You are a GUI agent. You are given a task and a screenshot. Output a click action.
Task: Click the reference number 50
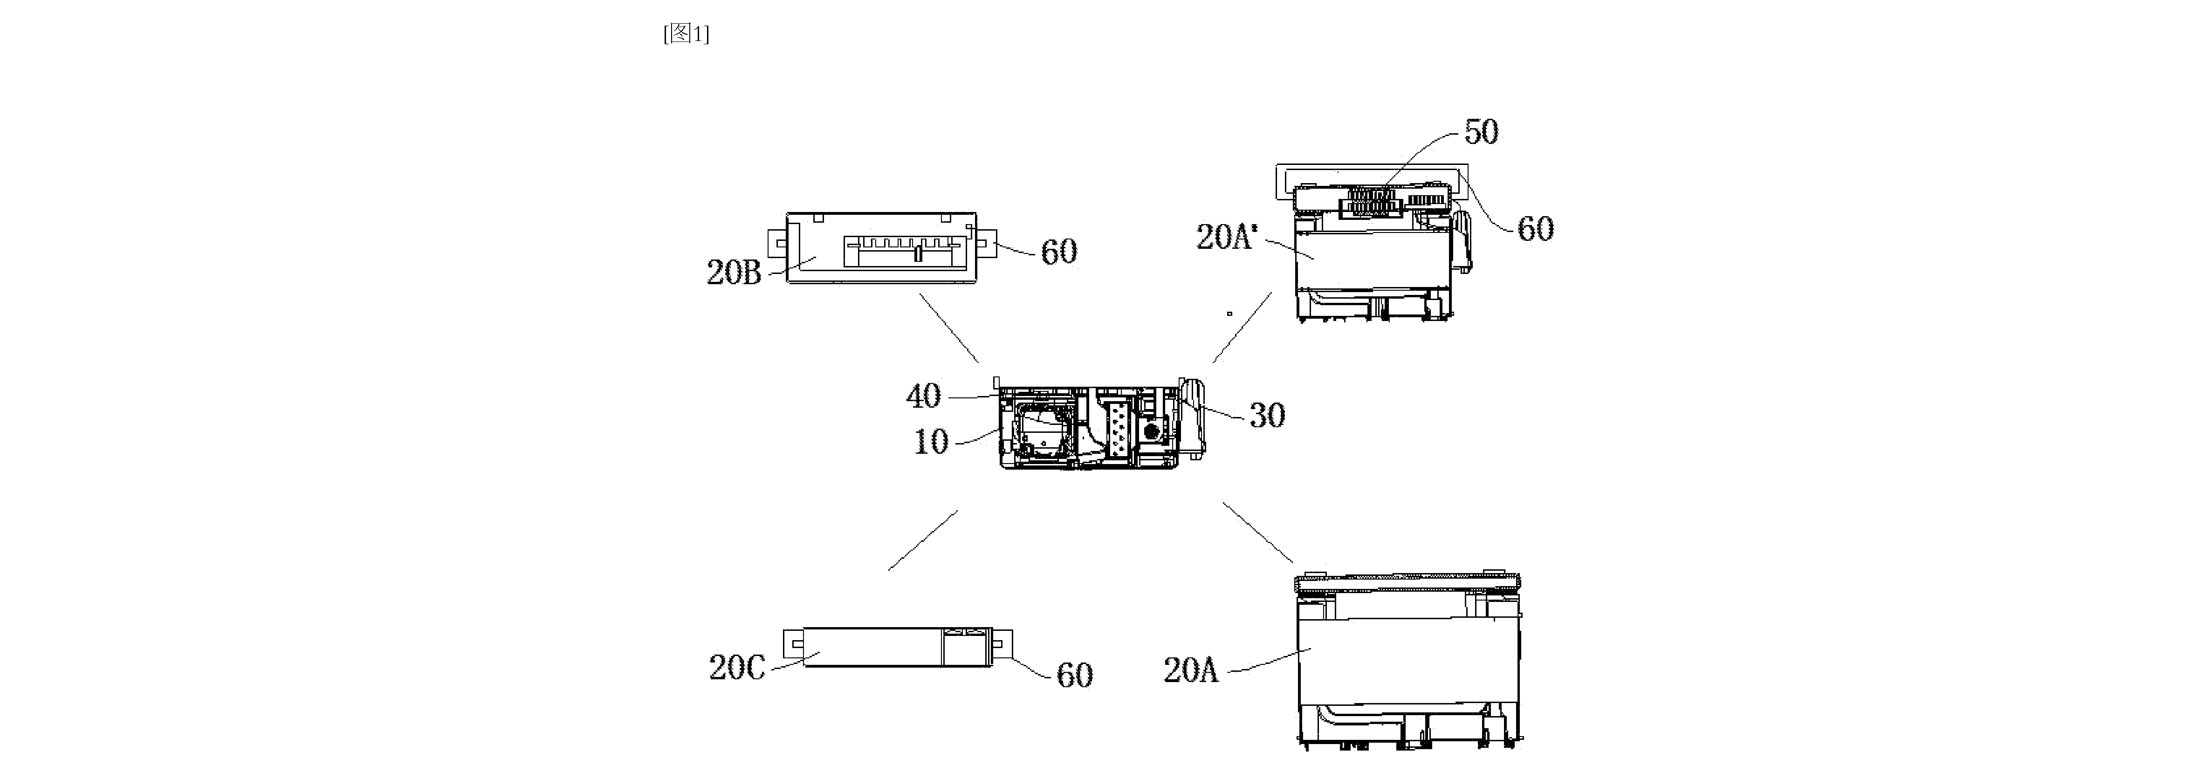pos(1482,131)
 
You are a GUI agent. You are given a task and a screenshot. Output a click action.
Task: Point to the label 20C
pos(737,667)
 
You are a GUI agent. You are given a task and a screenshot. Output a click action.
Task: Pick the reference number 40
pos(924,396)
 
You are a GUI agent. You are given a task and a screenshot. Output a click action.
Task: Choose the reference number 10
pos(931,442)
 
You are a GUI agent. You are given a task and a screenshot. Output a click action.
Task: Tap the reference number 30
pos(1267,416)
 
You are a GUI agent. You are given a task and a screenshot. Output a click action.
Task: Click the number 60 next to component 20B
pos(1059,252)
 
